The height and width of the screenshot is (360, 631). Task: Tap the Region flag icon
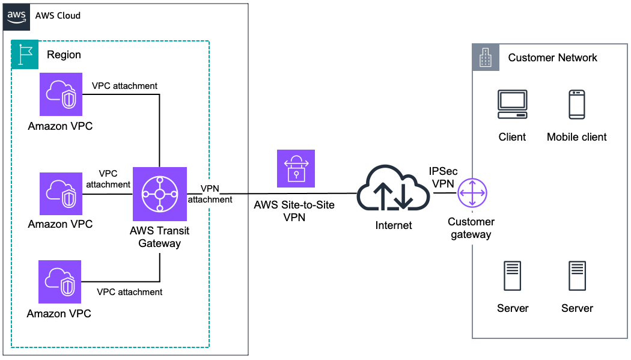pyautogui.click(x=25, y=54)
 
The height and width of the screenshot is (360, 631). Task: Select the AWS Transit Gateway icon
pyautogui.click(x=160, y=194)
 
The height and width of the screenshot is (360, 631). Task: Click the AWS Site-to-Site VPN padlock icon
pyautogui.click(x=296, y=169)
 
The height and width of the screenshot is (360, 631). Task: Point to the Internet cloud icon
pyautogui.click(x=393, y=190)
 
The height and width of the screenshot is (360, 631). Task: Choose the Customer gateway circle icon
pyautogui.click(x=472, y=194)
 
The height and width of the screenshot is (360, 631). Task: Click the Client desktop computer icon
pyautogui.click(x=512, y=104)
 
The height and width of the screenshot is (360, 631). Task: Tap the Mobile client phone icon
pyautogui.click(x=577, y=104)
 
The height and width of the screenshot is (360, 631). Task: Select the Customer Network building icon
pyautogui.click(x=486, y=57)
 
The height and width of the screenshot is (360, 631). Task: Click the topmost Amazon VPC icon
pyautogui.click(x=61, y=94)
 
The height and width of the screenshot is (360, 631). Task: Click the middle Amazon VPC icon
pyautogui.click(x=61, y=194)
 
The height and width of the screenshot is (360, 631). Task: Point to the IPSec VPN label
pyautogui.click(x=443, y=177)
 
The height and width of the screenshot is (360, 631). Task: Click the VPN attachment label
pyautogui.click(x=210, y=194)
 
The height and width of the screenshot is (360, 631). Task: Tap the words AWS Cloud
pyautogui.click(x=58, y=16)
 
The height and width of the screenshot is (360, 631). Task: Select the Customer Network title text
pyautogui.click(x=552, y=58)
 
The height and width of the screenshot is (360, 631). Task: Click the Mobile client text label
pyautogui.click(x=576, y=137)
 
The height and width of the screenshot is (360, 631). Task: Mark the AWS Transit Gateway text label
pyautogui.click(x=159, y=237)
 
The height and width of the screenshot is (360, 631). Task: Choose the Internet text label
pyautogui.click(x=394, y=225)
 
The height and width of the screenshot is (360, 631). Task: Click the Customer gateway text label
pyautogui.click(x=471, y=228)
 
